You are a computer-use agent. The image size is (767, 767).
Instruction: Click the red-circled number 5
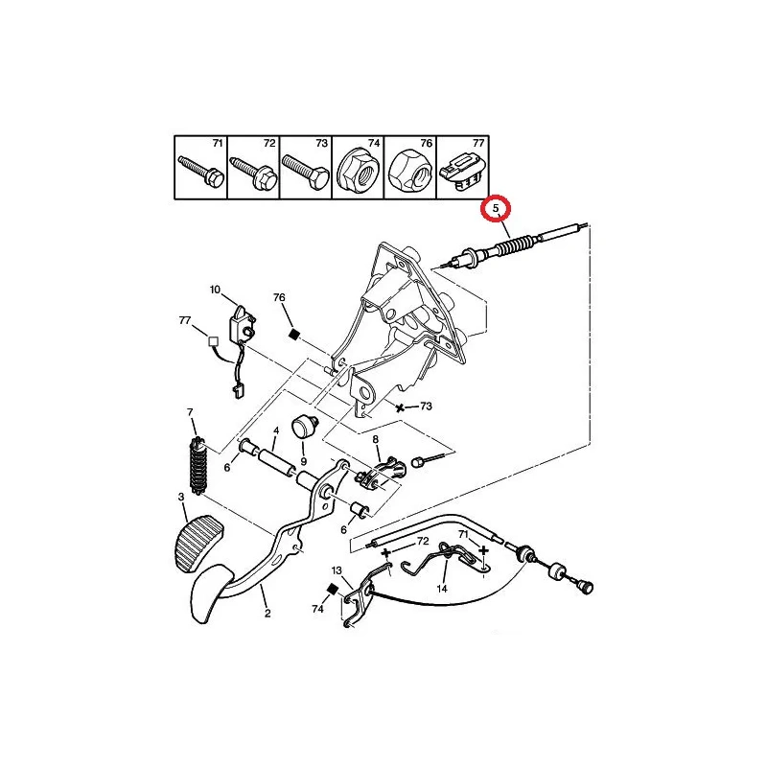[496, 208]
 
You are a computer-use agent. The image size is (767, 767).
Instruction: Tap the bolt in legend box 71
[200, 172]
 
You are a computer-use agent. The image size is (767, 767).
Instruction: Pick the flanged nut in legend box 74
[358, 172]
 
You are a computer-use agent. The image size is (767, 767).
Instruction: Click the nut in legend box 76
[410, 173]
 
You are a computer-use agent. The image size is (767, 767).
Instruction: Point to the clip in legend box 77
[462, 173]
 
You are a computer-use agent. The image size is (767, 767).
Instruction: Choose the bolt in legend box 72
[254, 174]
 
